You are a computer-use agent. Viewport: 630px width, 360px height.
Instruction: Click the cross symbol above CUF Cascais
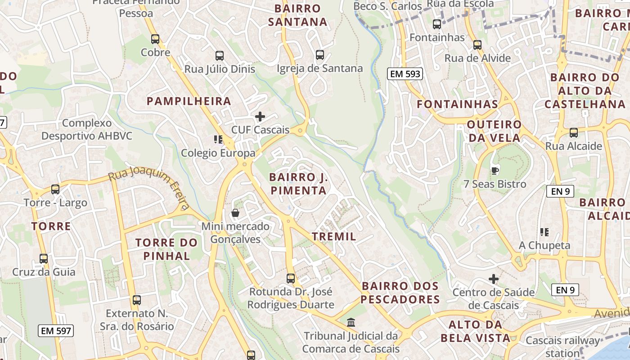(x=260, y=117)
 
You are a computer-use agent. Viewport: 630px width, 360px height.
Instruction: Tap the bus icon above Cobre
(x=155, y=39)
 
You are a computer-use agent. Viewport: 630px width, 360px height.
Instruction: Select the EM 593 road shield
(x=405, y=74)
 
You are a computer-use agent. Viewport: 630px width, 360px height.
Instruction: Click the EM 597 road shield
(x=56, y=331)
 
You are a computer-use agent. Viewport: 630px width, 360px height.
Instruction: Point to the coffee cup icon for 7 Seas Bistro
(x=495, y=171)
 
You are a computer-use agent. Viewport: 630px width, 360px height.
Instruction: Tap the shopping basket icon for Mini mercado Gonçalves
(x=235, y=213)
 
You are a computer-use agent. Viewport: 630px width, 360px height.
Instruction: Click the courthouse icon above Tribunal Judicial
(x=351, y=323)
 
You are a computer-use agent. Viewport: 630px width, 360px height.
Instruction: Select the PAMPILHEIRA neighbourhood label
(x=189, y=101)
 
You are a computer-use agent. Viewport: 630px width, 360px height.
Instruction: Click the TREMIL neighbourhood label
(x=334, y=236)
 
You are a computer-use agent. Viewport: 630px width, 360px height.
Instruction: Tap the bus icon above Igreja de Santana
(x=320, y=55)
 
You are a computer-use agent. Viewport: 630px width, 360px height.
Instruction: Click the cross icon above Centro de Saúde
(x=494, y=279)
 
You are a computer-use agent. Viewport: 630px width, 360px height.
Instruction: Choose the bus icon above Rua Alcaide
(x=574, y=133)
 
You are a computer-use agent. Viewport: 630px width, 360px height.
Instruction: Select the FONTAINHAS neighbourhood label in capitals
(x=457, y=104)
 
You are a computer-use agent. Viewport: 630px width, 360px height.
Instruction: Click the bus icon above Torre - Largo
(x=55, y=189)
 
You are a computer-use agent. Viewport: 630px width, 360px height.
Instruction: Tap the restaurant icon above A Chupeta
(x=544, y=232)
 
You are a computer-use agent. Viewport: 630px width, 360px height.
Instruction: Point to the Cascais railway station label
(x=562, y=346)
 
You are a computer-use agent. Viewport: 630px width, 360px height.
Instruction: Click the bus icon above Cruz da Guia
(x=44, y=259)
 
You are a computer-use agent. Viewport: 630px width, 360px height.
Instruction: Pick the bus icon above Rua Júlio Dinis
(x=220, y=56)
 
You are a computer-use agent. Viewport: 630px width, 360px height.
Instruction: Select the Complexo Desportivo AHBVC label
(x=87, y=129)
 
